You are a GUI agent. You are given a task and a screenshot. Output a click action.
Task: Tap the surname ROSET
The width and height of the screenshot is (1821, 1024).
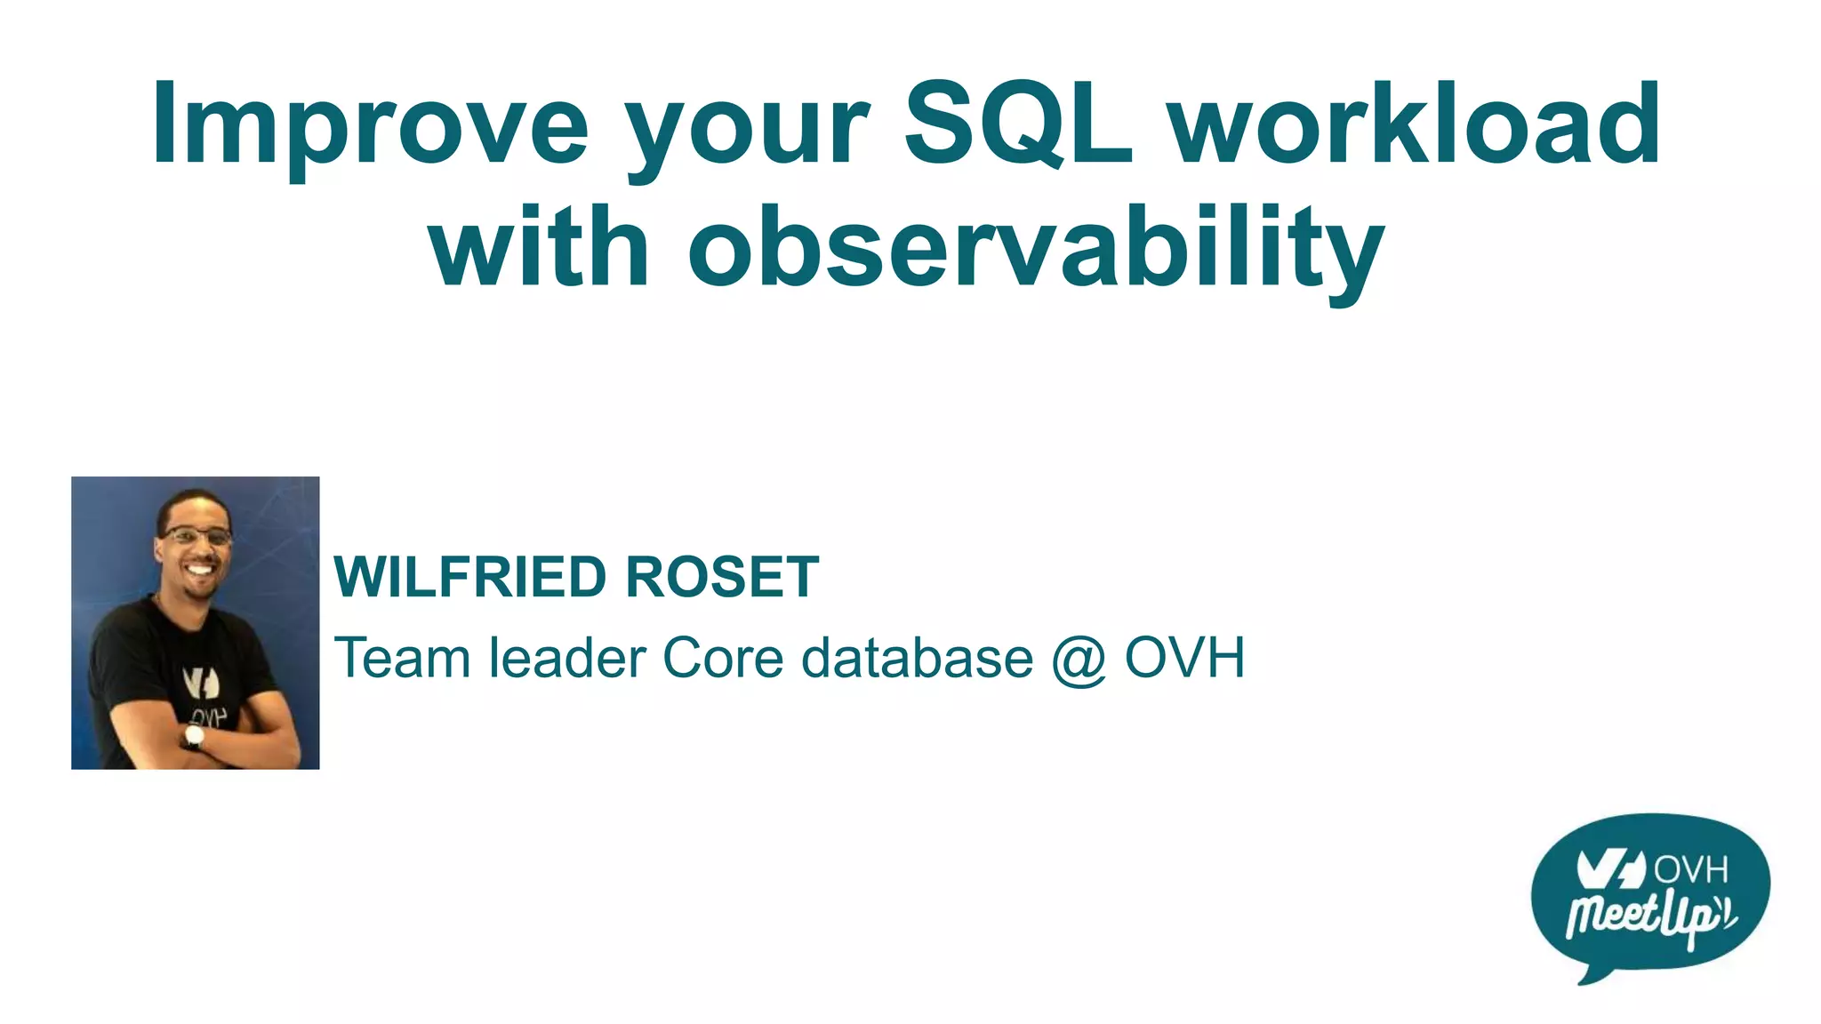click(721, 578)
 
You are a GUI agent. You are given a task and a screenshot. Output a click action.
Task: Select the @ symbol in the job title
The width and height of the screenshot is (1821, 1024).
click(1079, 660)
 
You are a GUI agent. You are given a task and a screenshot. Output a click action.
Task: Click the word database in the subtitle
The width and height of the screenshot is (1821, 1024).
click(917, 659)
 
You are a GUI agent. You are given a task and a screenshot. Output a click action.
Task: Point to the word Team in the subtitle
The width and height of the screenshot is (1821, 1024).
click(402, 659)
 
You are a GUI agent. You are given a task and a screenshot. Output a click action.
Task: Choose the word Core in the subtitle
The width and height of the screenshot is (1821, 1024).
click(723, 659)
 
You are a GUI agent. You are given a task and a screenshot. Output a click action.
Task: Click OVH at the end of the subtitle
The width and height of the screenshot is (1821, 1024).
click(1184, 659)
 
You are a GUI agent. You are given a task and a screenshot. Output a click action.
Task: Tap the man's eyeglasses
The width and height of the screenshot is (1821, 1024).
click(197, 536)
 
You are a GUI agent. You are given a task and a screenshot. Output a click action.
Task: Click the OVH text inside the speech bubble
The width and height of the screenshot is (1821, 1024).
click(1690, 868)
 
